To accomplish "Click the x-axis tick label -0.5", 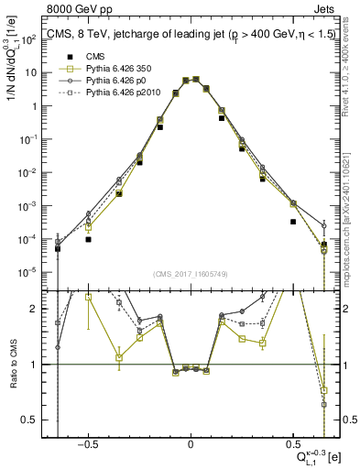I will pos(87,442).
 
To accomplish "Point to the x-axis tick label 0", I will pos(191,442).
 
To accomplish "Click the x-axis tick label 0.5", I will pos(292,442).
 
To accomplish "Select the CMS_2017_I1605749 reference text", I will pos(191,274).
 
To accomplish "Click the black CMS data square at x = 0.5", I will pos(293,222).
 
